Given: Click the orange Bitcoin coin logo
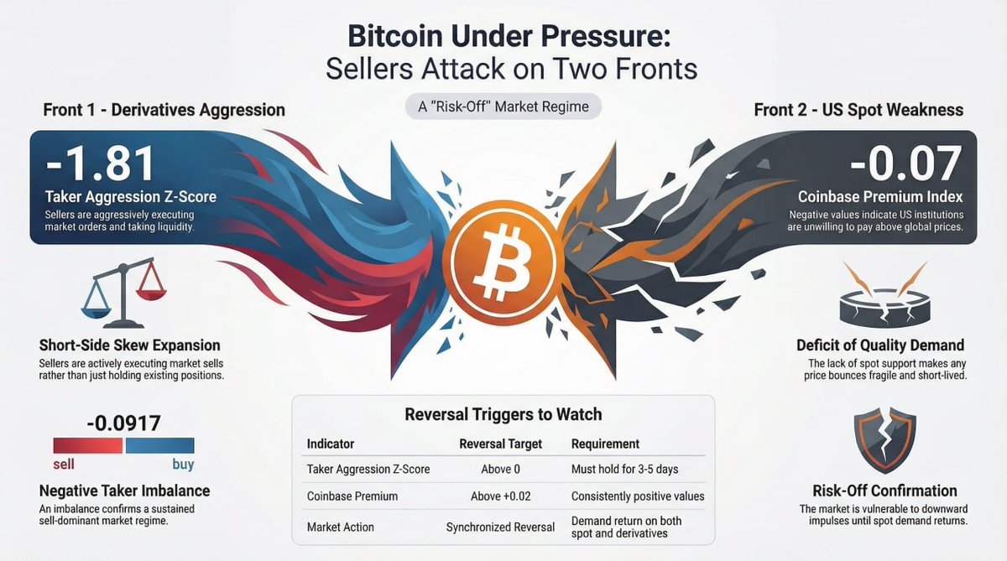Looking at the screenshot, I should (502, 251).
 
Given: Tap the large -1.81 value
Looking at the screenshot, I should (101, 164).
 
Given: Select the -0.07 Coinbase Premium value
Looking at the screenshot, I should (905, 164).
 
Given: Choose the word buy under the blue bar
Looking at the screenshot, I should (182, 464).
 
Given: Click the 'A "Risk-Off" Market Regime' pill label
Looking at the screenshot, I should (503, 106).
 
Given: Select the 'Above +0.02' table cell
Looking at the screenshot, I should (504, 496).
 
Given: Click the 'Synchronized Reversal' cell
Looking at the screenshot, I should (501, 527).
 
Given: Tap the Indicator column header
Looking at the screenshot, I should (331, 444).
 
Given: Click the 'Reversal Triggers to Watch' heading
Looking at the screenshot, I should (503, 414).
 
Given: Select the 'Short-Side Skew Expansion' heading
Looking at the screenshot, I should (129, 345).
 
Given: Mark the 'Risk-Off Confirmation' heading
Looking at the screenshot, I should (884, 491).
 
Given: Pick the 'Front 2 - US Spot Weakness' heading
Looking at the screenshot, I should (858, 110).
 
